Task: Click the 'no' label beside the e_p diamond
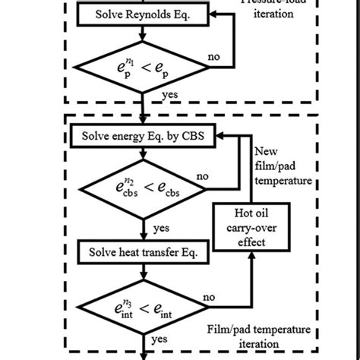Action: tap(215, 55)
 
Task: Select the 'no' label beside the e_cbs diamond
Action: tap(203, 176)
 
